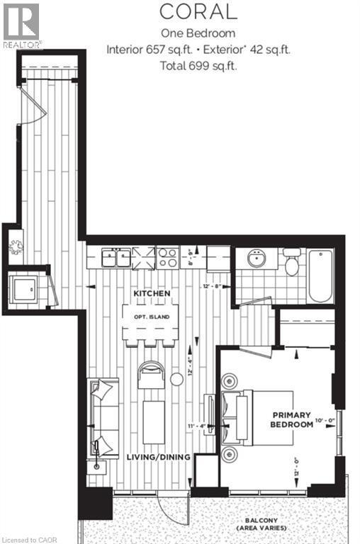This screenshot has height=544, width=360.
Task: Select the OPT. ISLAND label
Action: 150,317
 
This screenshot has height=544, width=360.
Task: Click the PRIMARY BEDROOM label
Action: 291,419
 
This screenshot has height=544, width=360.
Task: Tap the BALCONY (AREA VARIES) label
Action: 262,526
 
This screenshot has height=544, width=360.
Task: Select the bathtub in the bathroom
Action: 321,276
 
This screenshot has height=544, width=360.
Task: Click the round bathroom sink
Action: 255,260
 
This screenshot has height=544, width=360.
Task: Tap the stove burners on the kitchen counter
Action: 167,256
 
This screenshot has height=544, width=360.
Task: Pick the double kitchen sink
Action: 114,256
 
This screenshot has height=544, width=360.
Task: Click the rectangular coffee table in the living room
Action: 153,422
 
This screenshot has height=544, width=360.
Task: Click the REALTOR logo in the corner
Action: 21,25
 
